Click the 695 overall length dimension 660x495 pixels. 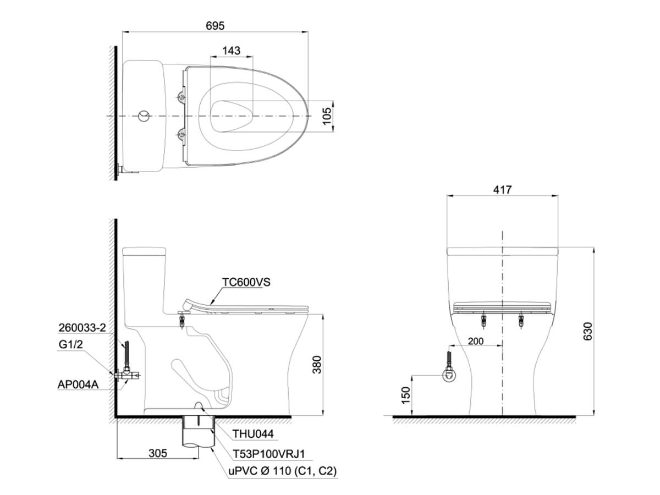click(215, 25)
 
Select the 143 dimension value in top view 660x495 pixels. click(231, 51)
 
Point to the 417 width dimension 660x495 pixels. click(502, 190)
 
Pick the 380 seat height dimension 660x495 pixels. click(317, 364)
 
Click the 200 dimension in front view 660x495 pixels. click(475, 341)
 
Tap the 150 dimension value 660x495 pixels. click(405, 395)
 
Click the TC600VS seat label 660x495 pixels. click(246, 282)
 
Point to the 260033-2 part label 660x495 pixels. click(81, 328)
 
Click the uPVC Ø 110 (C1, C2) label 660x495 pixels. click(282, 471)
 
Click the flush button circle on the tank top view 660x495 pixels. click(144, 116)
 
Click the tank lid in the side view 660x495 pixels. click(144, 252)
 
